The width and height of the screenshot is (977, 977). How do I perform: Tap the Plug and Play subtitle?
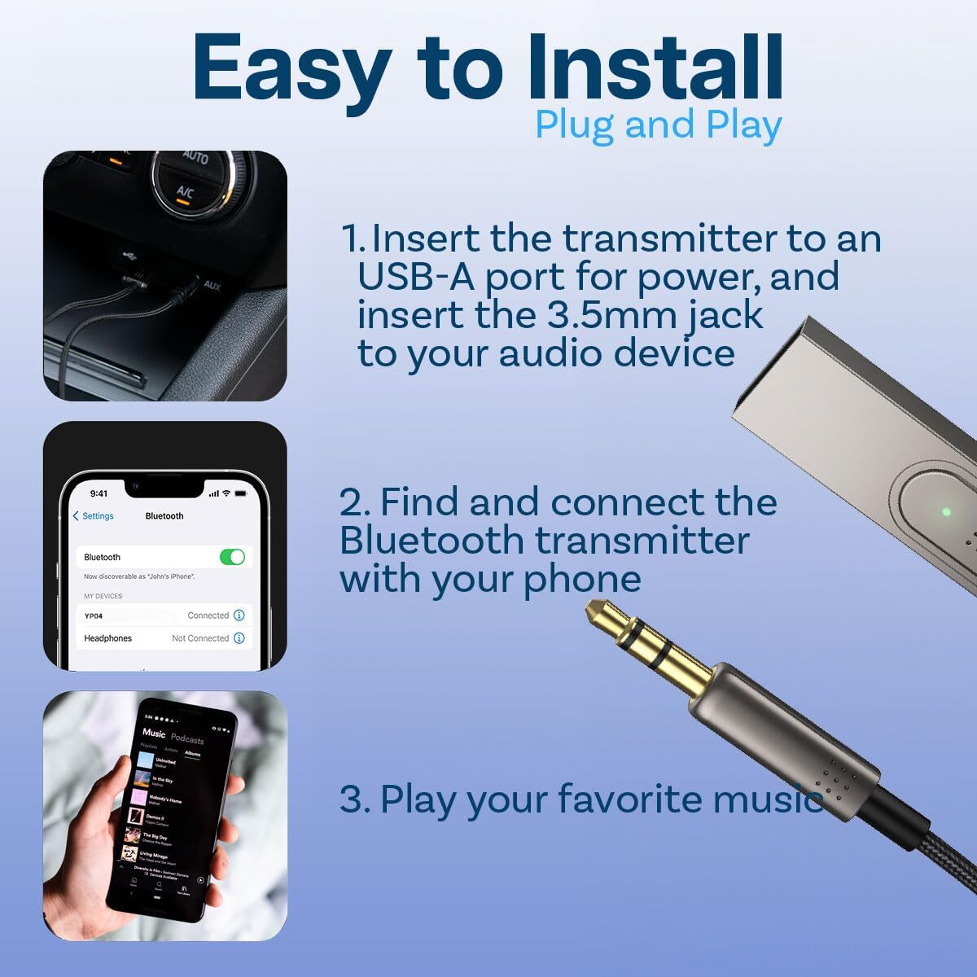(x=658, y=125)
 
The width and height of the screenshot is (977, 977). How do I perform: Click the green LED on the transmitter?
(x=945, y=512)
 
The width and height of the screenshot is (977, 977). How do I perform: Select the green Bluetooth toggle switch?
(x=232, y=557)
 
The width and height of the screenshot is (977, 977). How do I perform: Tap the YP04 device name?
(x=94, y=616)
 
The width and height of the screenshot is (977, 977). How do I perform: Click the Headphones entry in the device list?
(x=107, y=638)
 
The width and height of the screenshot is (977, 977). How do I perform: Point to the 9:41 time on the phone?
(x=99, y=493)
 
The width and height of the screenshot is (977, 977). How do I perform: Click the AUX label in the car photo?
(x=212, y=286)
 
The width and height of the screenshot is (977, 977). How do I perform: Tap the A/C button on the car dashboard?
(x=186, y=193)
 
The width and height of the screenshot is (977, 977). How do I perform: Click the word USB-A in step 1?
(x=416, y=277)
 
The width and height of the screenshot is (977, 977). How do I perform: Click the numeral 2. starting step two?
(x=354, y=502)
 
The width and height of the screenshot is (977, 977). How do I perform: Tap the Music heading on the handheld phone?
(x=154, y=733)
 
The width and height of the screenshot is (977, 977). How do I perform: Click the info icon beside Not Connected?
(x=239, y=638)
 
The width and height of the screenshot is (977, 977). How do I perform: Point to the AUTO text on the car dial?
(x=195, y=156)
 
